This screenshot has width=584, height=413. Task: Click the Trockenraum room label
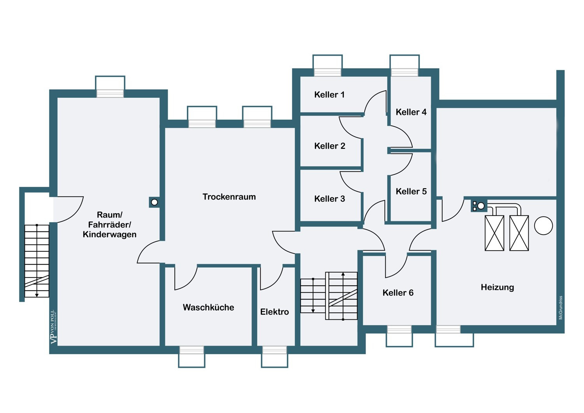[x=229, y=197]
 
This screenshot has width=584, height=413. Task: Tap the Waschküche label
[x=209, y=307]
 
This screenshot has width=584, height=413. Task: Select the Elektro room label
[x=274, y=312]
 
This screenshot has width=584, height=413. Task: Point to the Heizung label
[x=498, y=288]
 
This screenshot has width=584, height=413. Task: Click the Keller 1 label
[x=329, y=94]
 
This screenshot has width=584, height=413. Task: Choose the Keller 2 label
[x=330, y=146]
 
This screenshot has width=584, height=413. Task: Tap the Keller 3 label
[x=330, y=199]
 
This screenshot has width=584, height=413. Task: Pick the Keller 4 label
[x=411, y=112]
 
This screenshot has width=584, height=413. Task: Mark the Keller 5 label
[x=411, y=191]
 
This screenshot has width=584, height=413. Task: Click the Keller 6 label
[x=398, y=293]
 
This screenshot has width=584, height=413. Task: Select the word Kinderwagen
[x=109, y=234]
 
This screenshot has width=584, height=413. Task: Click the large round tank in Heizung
[x=544, y=226]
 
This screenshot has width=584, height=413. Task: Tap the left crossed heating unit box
[x=494, y=233]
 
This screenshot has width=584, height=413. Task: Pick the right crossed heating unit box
[x=519, y=233]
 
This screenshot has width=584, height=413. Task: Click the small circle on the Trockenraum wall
[x=154, y=202]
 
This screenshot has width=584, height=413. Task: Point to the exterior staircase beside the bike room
[x=37, y=261]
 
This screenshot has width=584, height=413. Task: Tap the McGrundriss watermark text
[x=561, y=307]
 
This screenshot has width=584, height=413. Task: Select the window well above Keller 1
[x=327, y=65]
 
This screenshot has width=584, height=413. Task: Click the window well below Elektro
[x=274, y=357]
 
